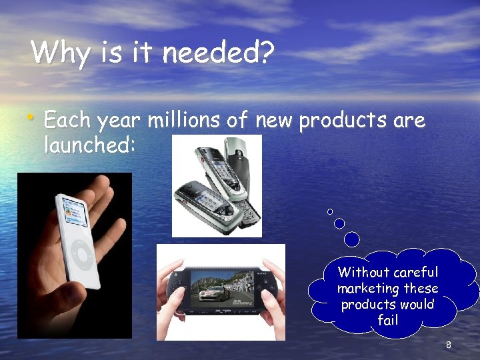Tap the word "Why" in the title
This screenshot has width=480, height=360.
point(59,53)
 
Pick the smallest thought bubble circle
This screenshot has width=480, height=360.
point(330,211)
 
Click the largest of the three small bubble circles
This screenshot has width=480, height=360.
point(352,239)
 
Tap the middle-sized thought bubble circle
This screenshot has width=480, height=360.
point(339,223)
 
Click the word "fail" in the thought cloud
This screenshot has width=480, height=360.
point(387,321)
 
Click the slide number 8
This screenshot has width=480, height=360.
point(449,345)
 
